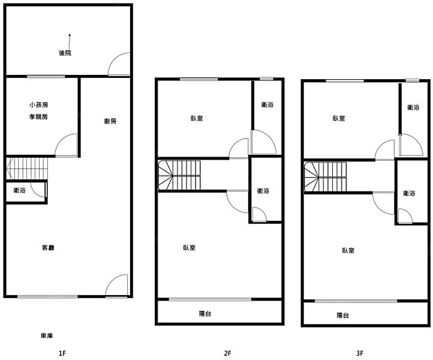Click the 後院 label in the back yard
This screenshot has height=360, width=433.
pyautogui.click(x=65, y=53)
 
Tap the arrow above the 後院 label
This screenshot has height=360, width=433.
pyautogui.click(x=70, y=42)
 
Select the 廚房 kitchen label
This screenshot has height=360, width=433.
pyautogui.click(x=110, y=121)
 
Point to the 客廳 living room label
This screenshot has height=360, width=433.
pyautogui.click(x=48, y=248)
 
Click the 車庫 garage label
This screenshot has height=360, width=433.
pyautogui.click(x=47, y=335)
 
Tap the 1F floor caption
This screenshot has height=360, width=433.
pyautogui.click(x=62, y=353)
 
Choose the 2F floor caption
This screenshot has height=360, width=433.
pyautogui.click(x=227, y=353)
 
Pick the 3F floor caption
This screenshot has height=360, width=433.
pyautogui.click(x=360, y=353)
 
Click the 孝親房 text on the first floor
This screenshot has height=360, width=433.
pyautogui.click(x=38, y=116)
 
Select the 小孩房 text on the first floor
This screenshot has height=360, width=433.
pyautogui.click(x=38, y=105)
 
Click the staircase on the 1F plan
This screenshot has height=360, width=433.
pyautogui.click(x=27, y=169)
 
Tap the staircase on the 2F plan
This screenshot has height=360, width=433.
pyautogui.click(x=179, y=175)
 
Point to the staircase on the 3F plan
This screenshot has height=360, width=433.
pyautogui.click(x=325, y=177)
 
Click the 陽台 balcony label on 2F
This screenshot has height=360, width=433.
pyautogui.click(x=205, y=314)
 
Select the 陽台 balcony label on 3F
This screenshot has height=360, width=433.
pyautogui.click(x=343, y=315)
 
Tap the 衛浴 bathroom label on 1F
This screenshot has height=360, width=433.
pyautogui.click(x=19, y=190)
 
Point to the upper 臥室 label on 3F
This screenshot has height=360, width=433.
pyautogui.click(x=339, y=118)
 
